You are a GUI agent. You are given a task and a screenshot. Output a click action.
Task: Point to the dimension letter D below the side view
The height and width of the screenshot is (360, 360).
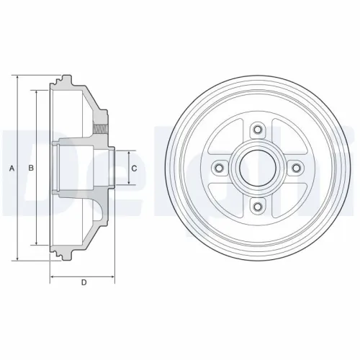click(84, 282)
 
